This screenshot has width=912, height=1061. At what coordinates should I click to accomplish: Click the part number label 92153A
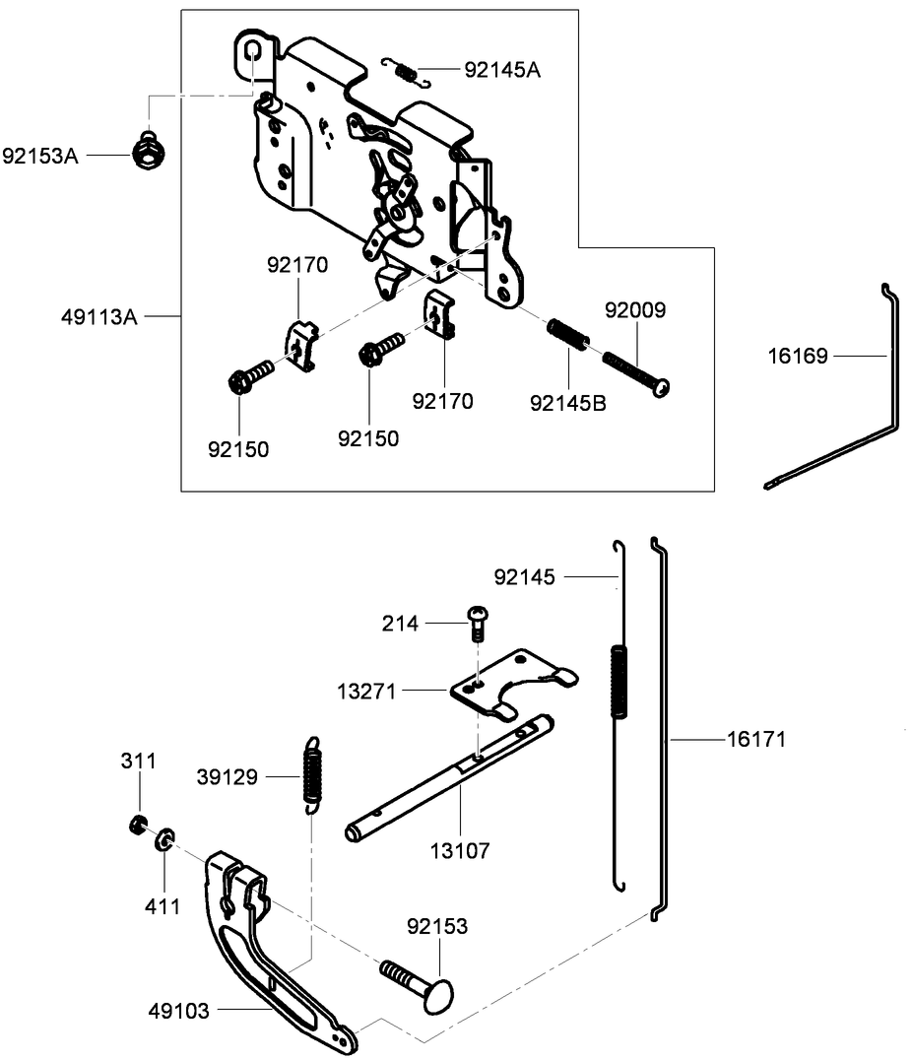point(39,155)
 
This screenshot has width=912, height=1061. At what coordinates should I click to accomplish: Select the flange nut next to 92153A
point(147,151)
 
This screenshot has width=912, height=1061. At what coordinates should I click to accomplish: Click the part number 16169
point(798,355)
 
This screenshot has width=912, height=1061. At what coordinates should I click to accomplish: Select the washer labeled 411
point(163,839)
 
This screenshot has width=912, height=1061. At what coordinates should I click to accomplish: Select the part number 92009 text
point(635,310)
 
